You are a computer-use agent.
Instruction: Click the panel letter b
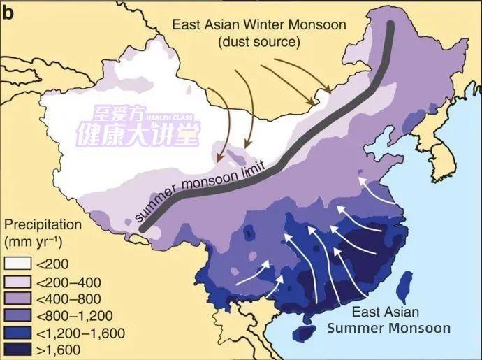(9, 10)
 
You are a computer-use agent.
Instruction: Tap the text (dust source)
(258, 42)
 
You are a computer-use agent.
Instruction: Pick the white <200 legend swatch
(17, 264)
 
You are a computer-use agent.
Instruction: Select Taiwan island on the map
(403, 287)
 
